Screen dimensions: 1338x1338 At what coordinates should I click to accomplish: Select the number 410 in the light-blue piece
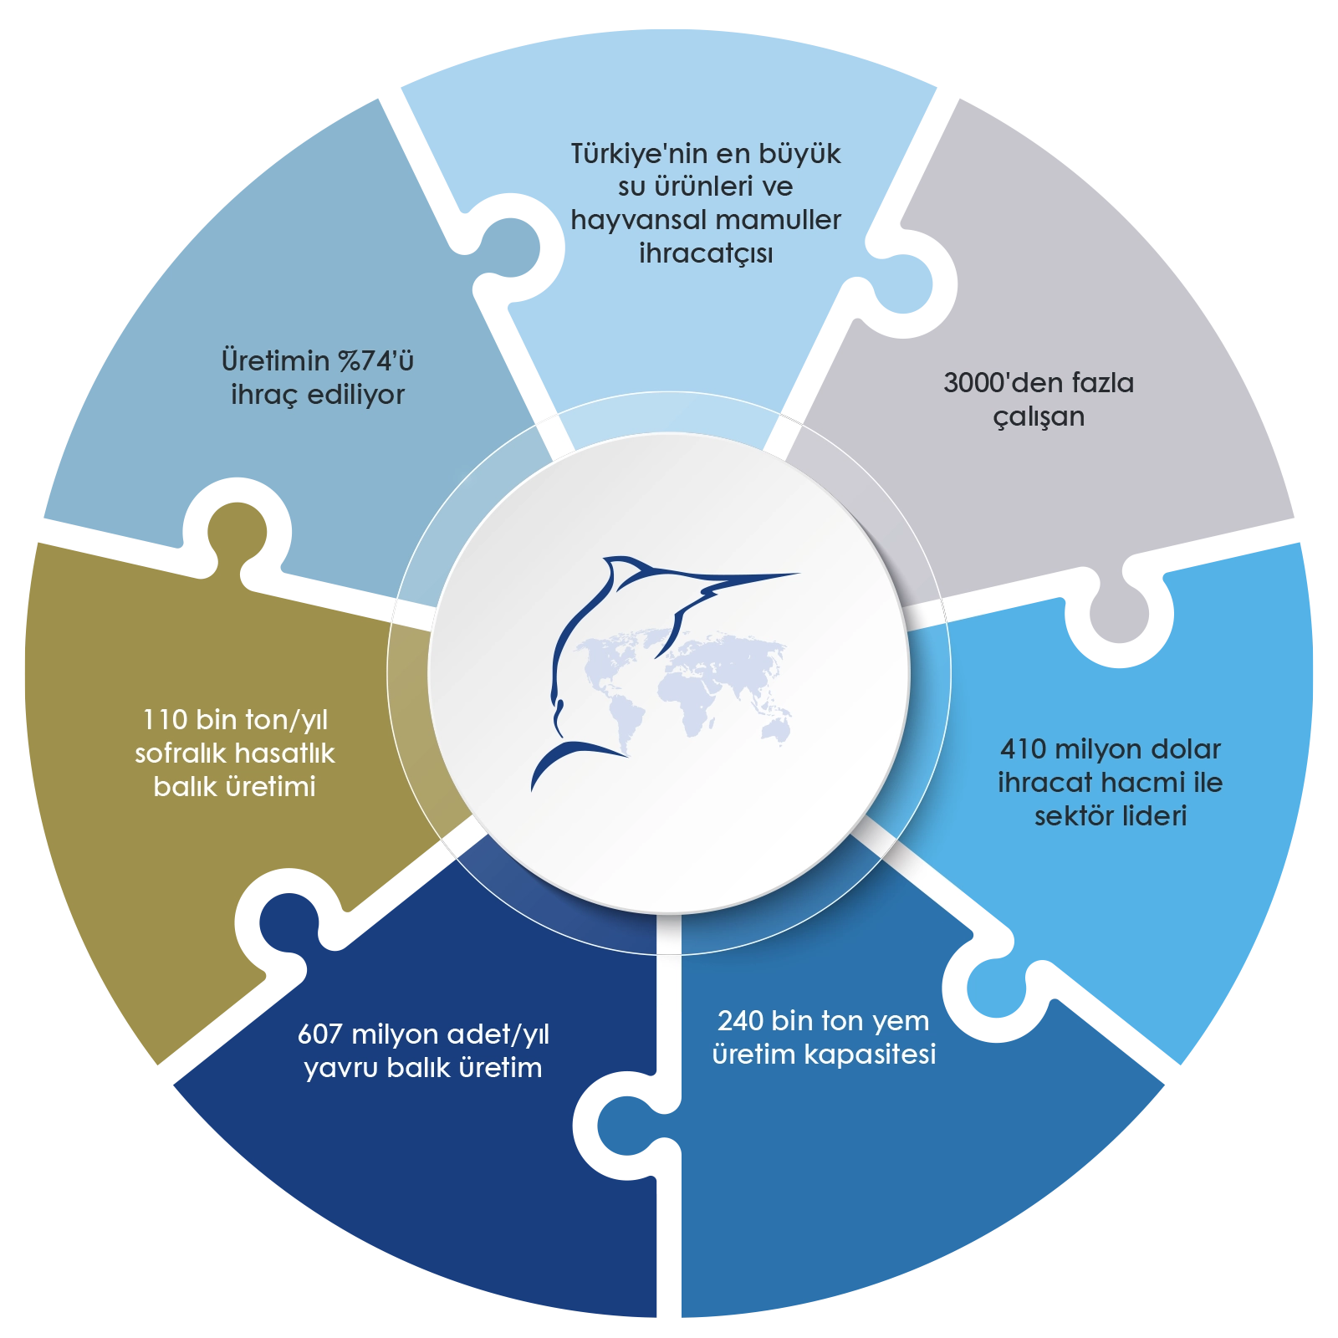click(1023, 748)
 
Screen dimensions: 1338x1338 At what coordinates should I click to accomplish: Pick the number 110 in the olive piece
click(164, 720)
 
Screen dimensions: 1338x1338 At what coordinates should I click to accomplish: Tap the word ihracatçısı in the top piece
click(706, 253)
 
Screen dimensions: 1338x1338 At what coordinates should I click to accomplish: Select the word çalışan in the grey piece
click(1039, 416)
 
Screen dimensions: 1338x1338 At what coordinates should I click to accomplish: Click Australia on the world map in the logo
click(778, 730)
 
